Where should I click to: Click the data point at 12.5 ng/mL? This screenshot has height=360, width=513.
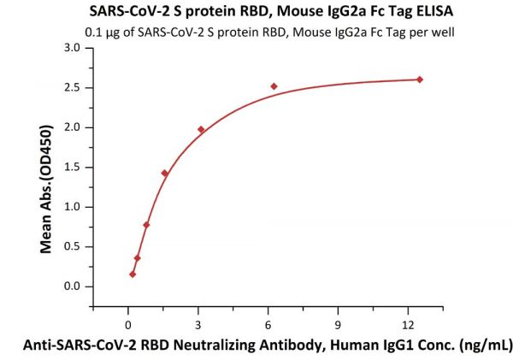pyautogui.click(x=420, y=80)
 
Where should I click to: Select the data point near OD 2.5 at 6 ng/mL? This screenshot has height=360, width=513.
pyautogui.click(x=274, y=86)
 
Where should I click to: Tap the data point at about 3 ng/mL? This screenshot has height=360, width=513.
pyautogui.click(x=201, y=130)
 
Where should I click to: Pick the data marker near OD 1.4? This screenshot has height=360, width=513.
pyautogui.click(x=165, y=174)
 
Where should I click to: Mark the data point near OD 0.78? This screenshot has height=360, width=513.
pyautogui.click(x=146, y=225)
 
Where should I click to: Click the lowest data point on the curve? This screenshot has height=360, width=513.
pyautogui.click(x=133, y=274)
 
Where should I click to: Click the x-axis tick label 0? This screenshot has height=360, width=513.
pyautogui.click(x=128, y=324)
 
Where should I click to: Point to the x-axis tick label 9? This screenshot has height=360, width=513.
pyautogui.click(x=339, y=324)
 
